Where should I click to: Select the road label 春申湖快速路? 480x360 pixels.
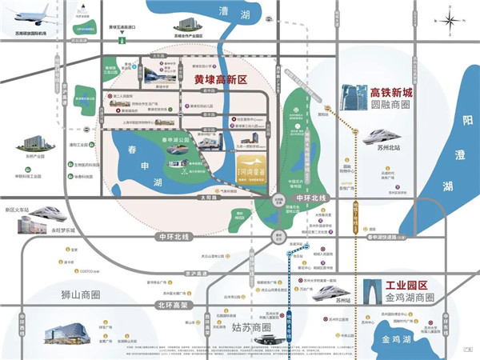pyautogui.click(x=384, y=238)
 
